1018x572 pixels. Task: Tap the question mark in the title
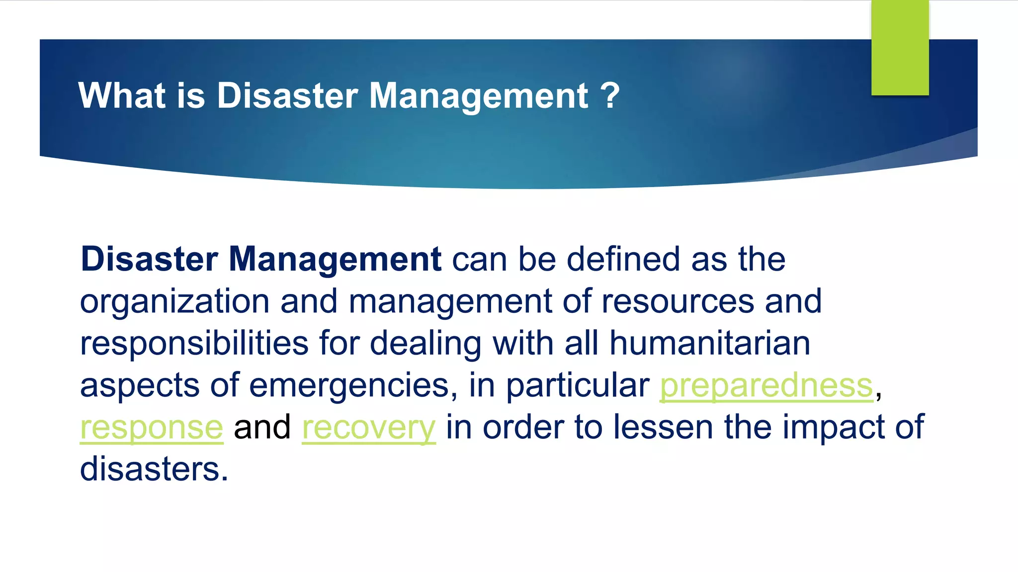(x=610, y=95)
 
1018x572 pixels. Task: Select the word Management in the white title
(x=479, y=95)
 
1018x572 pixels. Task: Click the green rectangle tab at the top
(x=900, y=48)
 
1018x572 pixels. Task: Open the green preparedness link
(x=766, y=386)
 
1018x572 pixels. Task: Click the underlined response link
(x=152, y=428)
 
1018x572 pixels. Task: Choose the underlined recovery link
(x=369, y=428)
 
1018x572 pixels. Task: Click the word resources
(x=678, y=302)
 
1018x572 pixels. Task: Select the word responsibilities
(x=194, y=344)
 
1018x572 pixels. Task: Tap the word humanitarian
(x=710, y=344)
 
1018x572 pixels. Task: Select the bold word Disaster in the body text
(x=149, y=259)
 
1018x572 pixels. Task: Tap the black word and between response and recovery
(x=262, y=428)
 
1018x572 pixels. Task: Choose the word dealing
(x=425, y=344)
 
